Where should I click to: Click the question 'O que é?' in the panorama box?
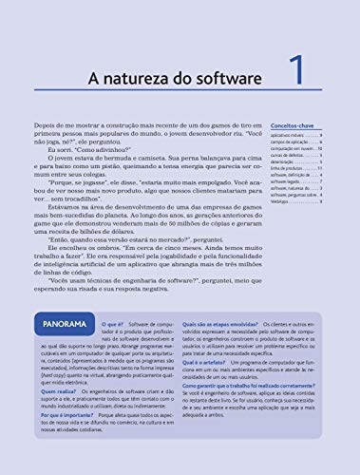pos(114,298)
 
